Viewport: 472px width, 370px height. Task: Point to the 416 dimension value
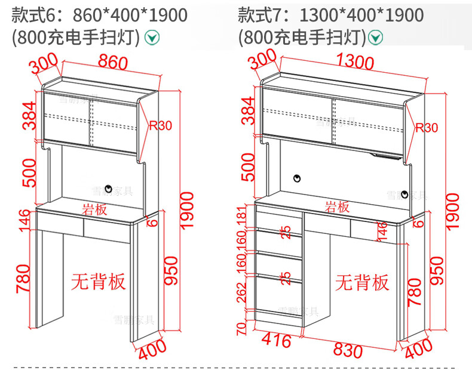click(277, 341)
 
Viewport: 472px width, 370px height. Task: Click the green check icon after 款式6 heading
click(154, 38)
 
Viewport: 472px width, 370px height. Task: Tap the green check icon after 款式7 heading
click(376, 38)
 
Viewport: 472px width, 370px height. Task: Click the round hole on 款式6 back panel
click(108, 189)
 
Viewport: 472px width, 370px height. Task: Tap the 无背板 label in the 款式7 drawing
click(362, 282)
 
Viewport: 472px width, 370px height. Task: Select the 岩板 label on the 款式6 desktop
click(94, 208)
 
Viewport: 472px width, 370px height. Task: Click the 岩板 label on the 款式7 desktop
click(337, 207)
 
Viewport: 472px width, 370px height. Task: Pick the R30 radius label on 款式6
click(160, 125)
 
